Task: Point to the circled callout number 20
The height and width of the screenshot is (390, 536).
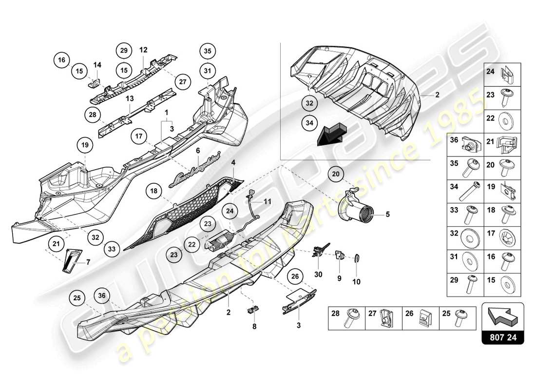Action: coord(336,174)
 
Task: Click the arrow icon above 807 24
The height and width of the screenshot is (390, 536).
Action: coord(502,316)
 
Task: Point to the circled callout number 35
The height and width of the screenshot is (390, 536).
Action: coord(208,51)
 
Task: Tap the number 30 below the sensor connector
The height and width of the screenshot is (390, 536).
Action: coord(319,274)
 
